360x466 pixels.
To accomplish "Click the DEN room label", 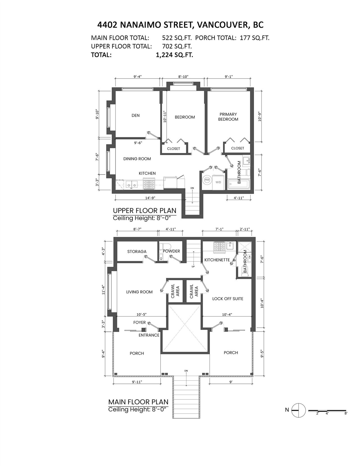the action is pyautogui.click(x=136, y=115).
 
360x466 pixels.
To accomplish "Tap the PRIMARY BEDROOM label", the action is pyautogui.click(x=228, y=117).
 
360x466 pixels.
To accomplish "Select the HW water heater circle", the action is pyautogui.click(x=207, y=180).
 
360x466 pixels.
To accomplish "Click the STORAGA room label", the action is pyautogui.click(x=137, y=251).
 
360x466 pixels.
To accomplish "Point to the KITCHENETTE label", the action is pyautogui.click(x=217, y=260).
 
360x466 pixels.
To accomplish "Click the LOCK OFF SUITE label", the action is pyautogui.click(x=228, y=299).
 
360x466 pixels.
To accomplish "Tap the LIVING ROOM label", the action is pyautogui.click(x=139, y=292).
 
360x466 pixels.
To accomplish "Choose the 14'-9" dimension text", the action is pyautogui.click(x=150, y=198).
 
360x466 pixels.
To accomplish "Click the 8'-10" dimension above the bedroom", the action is pyautogui.click(x=183, y=77).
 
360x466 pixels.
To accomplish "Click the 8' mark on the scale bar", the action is pyautogui.click(x=346, y=413).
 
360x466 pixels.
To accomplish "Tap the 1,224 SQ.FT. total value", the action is pyautogui.click(x=174, y=55).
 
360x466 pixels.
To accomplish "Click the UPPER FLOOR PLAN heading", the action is pyautogui.click(x=145, y=210).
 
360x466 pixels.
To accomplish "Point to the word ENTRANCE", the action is pyautogui.click(x=149, y=335).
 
